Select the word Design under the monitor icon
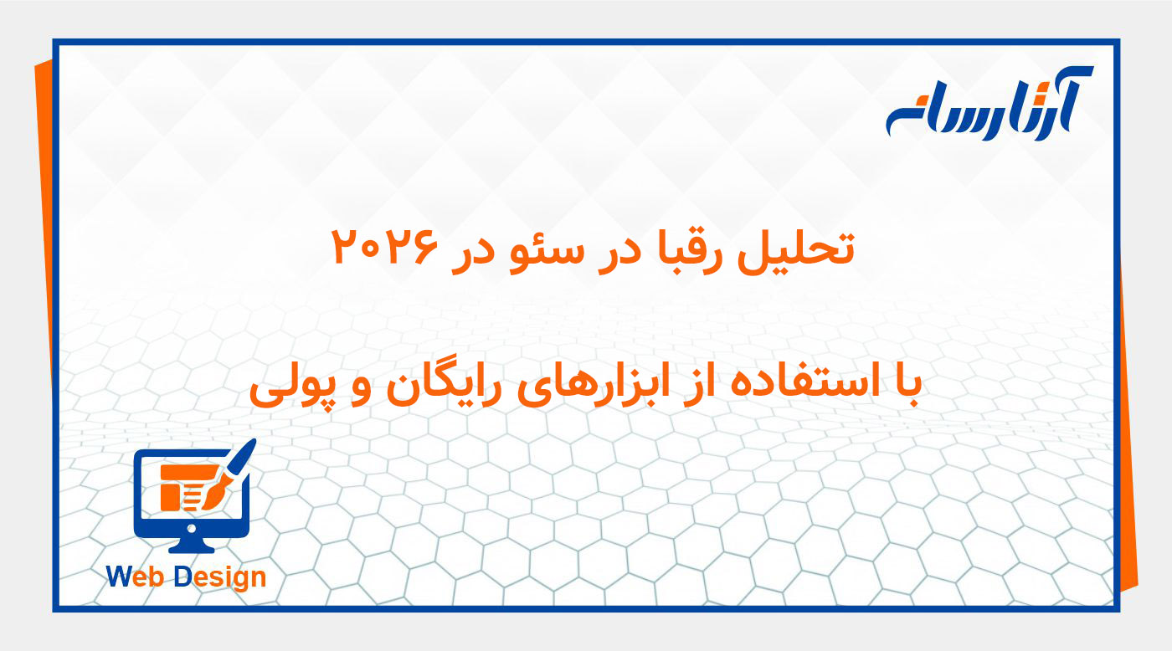pyautogui.click(x=220, y=577)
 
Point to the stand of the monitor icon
pyautogui.click(x=191, y=544)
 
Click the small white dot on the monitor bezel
pyautogui.click(x=192, y=528)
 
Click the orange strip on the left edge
pyautogui.click(x=44, y=251)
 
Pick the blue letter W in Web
pyautogui.click(x=120, y=577)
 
